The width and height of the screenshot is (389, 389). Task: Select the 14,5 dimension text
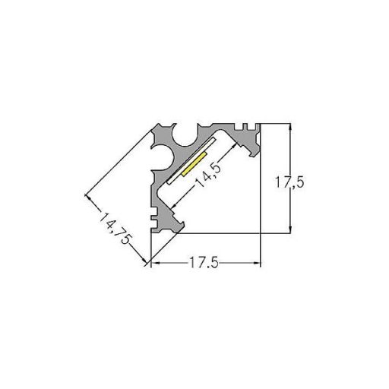click(x=209, y=175)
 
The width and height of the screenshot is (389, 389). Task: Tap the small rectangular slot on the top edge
click(x=245, y=126)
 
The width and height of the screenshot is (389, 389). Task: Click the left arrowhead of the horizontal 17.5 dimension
click(x=155, y=264)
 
